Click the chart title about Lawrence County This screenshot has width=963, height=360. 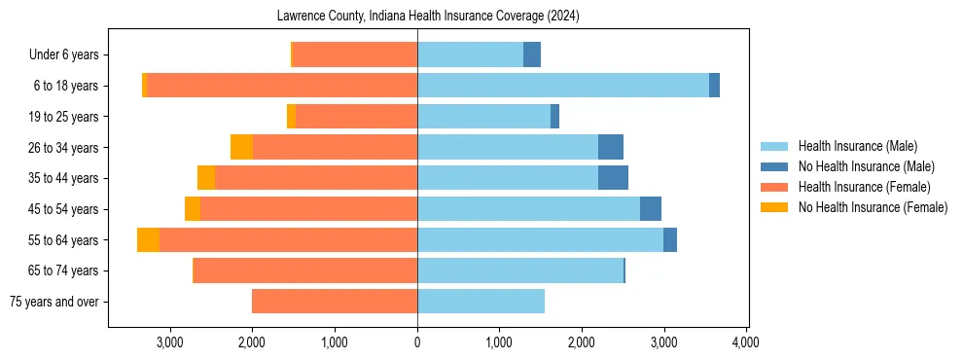[x=427, y=17]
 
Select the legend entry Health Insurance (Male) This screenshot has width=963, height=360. [x=856, y=146]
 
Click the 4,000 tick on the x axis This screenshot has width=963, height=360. [x=746, y=342]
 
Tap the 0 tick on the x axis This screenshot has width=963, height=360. [x=417, y=342]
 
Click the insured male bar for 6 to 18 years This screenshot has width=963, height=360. [x=563, y=86]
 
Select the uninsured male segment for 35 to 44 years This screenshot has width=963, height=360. [x=613, y=178]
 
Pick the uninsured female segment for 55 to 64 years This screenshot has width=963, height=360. [x=148, y=240]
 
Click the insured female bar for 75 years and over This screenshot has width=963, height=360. [x=335, y=302]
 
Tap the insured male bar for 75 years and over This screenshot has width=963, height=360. [x=481, y=302]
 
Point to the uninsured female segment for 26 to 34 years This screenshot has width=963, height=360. [x=241, y=147]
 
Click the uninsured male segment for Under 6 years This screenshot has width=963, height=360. [x=532, y=54]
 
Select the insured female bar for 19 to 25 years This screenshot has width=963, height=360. [x=356, y=117]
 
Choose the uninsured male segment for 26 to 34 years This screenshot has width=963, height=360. [x=610, y=147]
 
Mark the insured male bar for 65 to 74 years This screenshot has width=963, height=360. [x=520, y=270]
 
